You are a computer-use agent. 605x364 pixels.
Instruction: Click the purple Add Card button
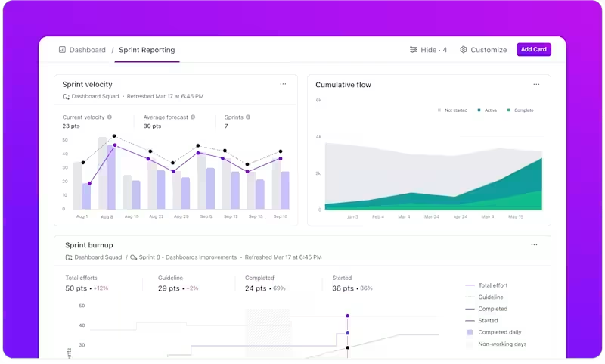[534, 50]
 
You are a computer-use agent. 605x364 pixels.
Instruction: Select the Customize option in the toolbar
[483, 50]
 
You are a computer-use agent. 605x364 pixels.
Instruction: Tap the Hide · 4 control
[428, 50]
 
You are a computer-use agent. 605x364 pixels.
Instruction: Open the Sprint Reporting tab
[147, 50]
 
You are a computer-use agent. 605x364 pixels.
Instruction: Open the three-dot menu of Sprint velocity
[283, 84]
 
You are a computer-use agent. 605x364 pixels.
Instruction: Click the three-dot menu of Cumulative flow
[536, 84]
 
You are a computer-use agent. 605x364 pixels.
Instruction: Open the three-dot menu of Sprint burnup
[534, 245]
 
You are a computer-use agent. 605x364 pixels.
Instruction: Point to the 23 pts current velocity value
[71, 126]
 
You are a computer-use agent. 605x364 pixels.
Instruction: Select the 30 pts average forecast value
[152, 126]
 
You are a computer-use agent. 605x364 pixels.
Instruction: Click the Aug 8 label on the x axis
[107, 217]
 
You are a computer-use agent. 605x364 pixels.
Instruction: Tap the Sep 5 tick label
[206, 217]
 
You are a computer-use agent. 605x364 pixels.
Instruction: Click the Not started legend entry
[454, 110]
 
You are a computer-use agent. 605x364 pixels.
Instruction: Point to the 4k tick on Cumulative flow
[318, 137]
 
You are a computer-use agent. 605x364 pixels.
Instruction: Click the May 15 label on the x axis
[516, 217]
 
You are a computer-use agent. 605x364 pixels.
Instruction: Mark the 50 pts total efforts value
[76, 288]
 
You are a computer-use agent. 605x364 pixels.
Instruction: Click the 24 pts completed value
[256, 288]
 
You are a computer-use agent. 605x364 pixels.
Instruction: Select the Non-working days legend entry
[502, 344]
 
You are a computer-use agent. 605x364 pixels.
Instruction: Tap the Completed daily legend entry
[499, 332]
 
